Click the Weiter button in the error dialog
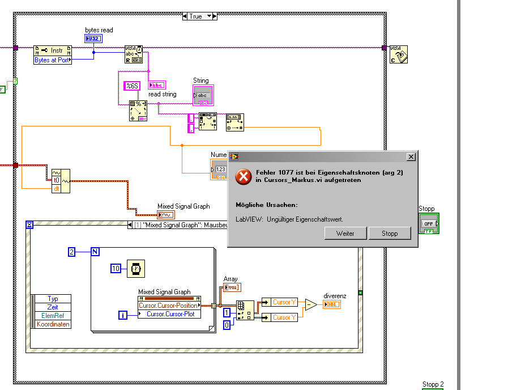(x=345, y=233)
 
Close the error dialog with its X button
(x=411, y=156)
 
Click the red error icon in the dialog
(x=243, y=176)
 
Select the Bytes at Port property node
(x=53, y=60)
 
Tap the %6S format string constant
(x=132, y=86)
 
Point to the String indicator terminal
(x=203, y=95)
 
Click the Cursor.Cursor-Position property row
(x=169, y=306)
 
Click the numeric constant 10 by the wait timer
(x=116, y=269)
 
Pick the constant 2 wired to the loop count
(x=72, y=252)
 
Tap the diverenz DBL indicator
(x=332, y=305)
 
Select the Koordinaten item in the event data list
(x=53, y=324)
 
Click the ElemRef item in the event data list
(x=53, y=316)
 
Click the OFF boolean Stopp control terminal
(x=429, y=223)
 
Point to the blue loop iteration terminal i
(x=123, y=315)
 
